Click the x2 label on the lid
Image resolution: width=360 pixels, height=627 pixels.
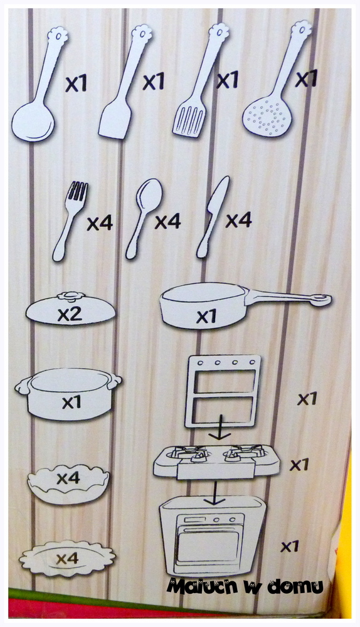[70, 315]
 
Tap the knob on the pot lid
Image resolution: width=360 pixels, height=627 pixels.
[71, 297]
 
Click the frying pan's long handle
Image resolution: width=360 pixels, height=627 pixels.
[289, 298]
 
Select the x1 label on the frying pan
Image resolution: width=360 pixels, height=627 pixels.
[206, 317]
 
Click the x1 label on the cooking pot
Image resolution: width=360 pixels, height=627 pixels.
[71, 402]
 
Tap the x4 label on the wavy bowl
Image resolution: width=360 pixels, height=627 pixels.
[68, 478]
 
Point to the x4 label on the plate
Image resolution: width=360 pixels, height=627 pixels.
[67, 559]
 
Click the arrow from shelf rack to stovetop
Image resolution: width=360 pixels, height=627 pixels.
[220, 427]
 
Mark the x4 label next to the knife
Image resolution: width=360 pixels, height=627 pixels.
[239, 220]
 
